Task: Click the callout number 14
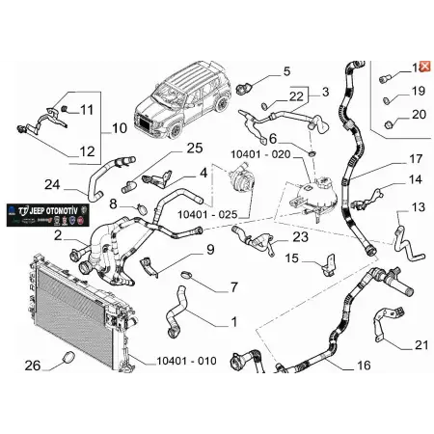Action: point(415,179)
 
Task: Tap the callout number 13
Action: point(418,206)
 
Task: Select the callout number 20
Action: point(418,114)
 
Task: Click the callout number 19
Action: point(418,91)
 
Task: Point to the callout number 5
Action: point(285,71)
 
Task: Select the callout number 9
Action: point(210,251)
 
